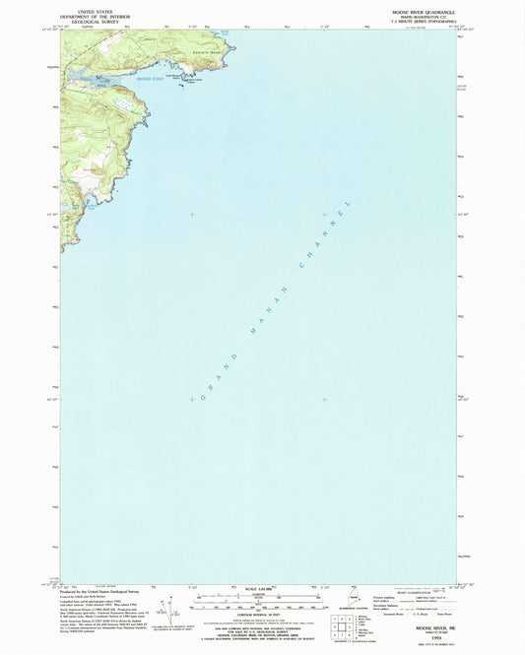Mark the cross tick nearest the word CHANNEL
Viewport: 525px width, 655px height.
point(324,214)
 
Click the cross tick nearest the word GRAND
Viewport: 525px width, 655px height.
point(192,399)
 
